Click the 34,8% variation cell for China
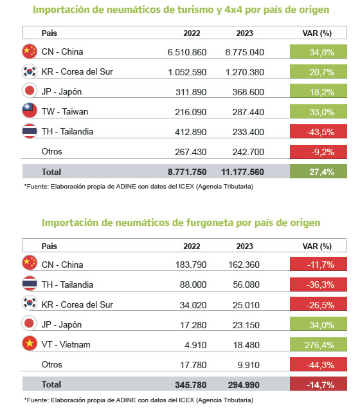318,51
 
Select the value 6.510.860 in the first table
187,52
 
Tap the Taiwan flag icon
30,110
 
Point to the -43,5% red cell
318,131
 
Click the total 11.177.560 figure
242,172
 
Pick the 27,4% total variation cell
318,171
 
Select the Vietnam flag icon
30,343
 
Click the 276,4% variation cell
318,344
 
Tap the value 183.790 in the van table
191,265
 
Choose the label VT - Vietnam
66,344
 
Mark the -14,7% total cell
318,384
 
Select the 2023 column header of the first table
244,33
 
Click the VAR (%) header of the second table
317,247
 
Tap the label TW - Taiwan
65,111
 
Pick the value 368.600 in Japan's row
248,92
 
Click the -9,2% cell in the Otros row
318,152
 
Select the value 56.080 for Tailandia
246,284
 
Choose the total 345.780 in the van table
191,385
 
